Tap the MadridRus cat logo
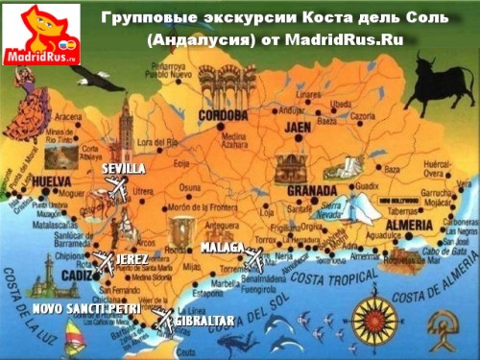[x=39, y=33]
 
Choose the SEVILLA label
[x=123, y=169]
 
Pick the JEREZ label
[x=132, y=260]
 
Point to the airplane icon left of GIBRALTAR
[x=162, y=318]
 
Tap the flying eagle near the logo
[x=87, y=80]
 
